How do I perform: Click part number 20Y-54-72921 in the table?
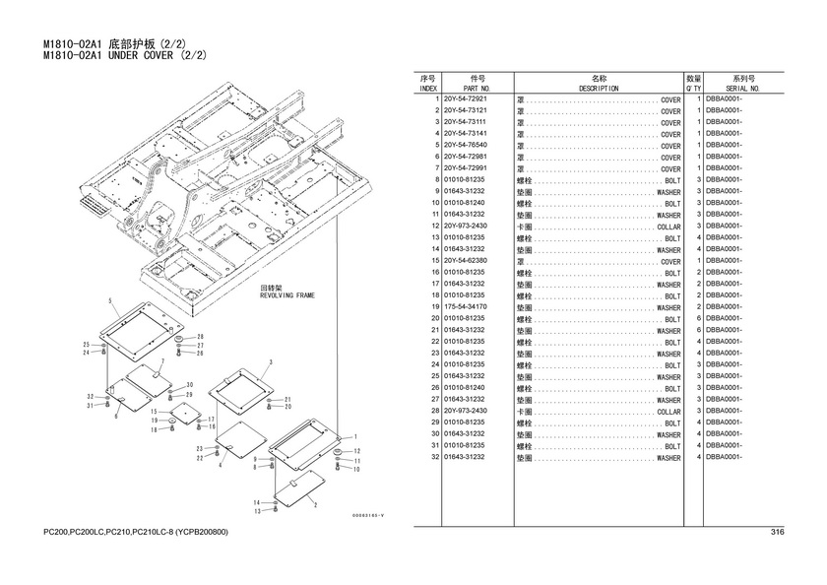point(466,99)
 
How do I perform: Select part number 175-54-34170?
point(466,307)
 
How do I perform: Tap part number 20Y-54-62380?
point(466,261)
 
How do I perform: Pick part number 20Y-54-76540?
point(466,146)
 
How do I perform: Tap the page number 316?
point(777,533)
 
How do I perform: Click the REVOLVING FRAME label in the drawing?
point(287,294)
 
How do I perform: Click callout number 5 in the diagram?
point(110,299)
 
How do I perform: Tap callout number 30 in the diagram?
point(189,384)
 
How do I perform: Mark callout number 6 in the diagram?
point(115,416)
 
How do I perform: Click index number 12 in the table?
point(434,227)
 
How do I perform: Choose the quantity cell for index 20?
point(697,319)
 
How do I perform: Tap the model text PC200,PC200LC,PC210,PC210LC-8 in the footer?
point(109,533)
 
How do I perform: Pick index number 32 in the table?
point(434,457)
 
